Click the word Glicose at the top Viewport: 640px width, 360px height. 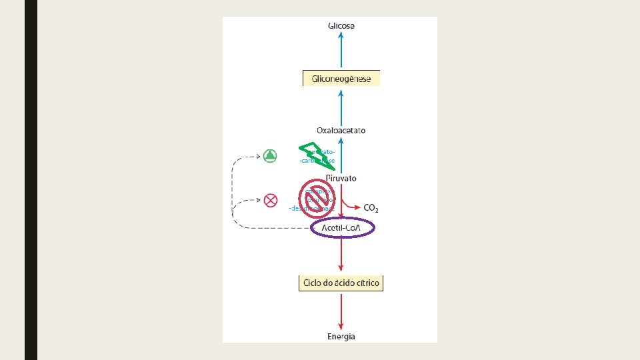pyautogui.click(x=341, y=26)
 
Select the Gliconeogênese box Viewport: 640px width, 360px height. pyautogui.click(x=341, y=79)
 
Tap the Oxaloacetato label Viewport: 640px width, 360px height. pyautogui.click(x=341, y=131)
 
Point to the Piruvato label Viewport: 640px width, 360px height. pyautogui.click(x=341, y=178)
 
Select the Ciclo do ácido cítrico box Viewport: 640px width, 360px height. pyautogui.click(x=341, y=283)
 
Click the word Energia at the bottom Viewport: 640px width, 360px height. pyautogui.click(x=341, y=336)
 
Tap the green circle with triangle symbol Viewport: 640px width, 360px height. pyautogui.click(x=270, y=156)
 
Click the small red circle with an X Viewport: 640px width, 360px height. pyautogui.click(x=270, y=199)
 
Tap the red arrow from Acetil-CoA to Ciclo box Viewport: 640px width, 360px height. pyautogui.click(x=341, y=257)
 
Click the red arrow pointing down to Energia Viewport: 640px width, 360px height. pyautogui.click(x=341, y=310)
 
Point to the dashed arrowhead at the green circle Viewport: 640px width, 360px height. pyautogui.click(x=257, y=157)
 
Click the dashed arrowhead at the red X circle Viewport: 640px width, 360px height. pyautogui.click(x=257, y=199)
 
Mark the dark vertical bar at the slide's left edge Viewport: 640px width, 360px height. pyautogui.click(x=31, y=180)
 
